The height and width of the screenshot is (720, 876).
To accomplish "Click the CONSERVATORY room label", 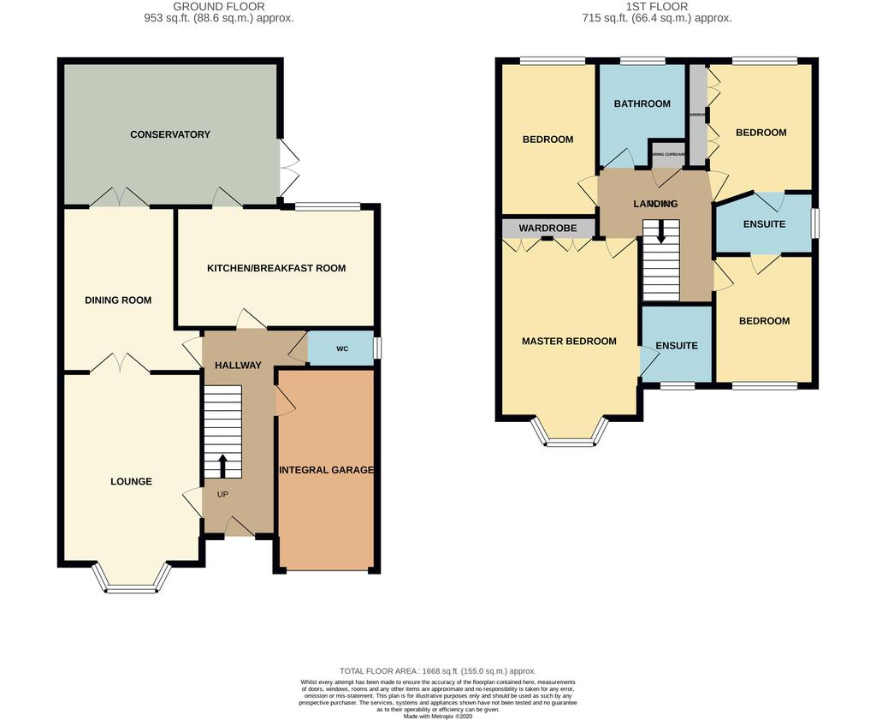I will click(170, 134).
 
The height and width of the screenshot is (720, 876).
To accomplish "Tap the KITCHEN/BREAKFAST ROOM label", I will click(276, 268).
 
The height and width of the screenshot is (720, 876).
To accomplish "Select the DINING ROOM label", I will click(118, 300).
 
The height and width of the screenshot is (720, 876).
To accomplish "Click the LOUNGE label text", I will click(131, 481).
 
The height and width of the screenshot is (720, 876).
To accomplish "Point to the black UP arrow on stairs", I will click(222, 466).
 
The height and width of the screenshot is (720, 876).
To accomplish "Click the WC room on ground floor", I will click(341, 348).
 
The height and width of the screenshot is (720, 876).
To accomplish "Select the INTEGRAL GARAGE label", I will click(326, 470).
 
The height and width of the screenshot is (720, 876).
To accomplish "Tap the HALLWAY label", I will click(238, 366).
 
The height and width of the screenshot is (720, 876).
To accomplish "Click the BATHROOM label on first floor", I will click(642, 104).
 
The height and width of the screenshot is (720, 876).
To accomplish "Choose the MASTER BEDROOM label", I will click(569, 341).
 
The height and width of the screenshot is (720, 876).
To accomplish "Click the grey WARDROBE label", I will click(547, 229).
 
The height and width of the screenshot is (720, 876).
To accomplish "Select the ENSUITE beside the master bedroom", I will click(677, 346).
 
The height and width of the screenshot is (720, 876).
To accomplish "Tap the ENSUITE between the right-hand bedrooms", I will click(764, 224).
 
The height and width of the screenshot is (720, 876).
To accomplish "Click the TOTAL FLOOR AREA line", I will click(437, 671).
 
